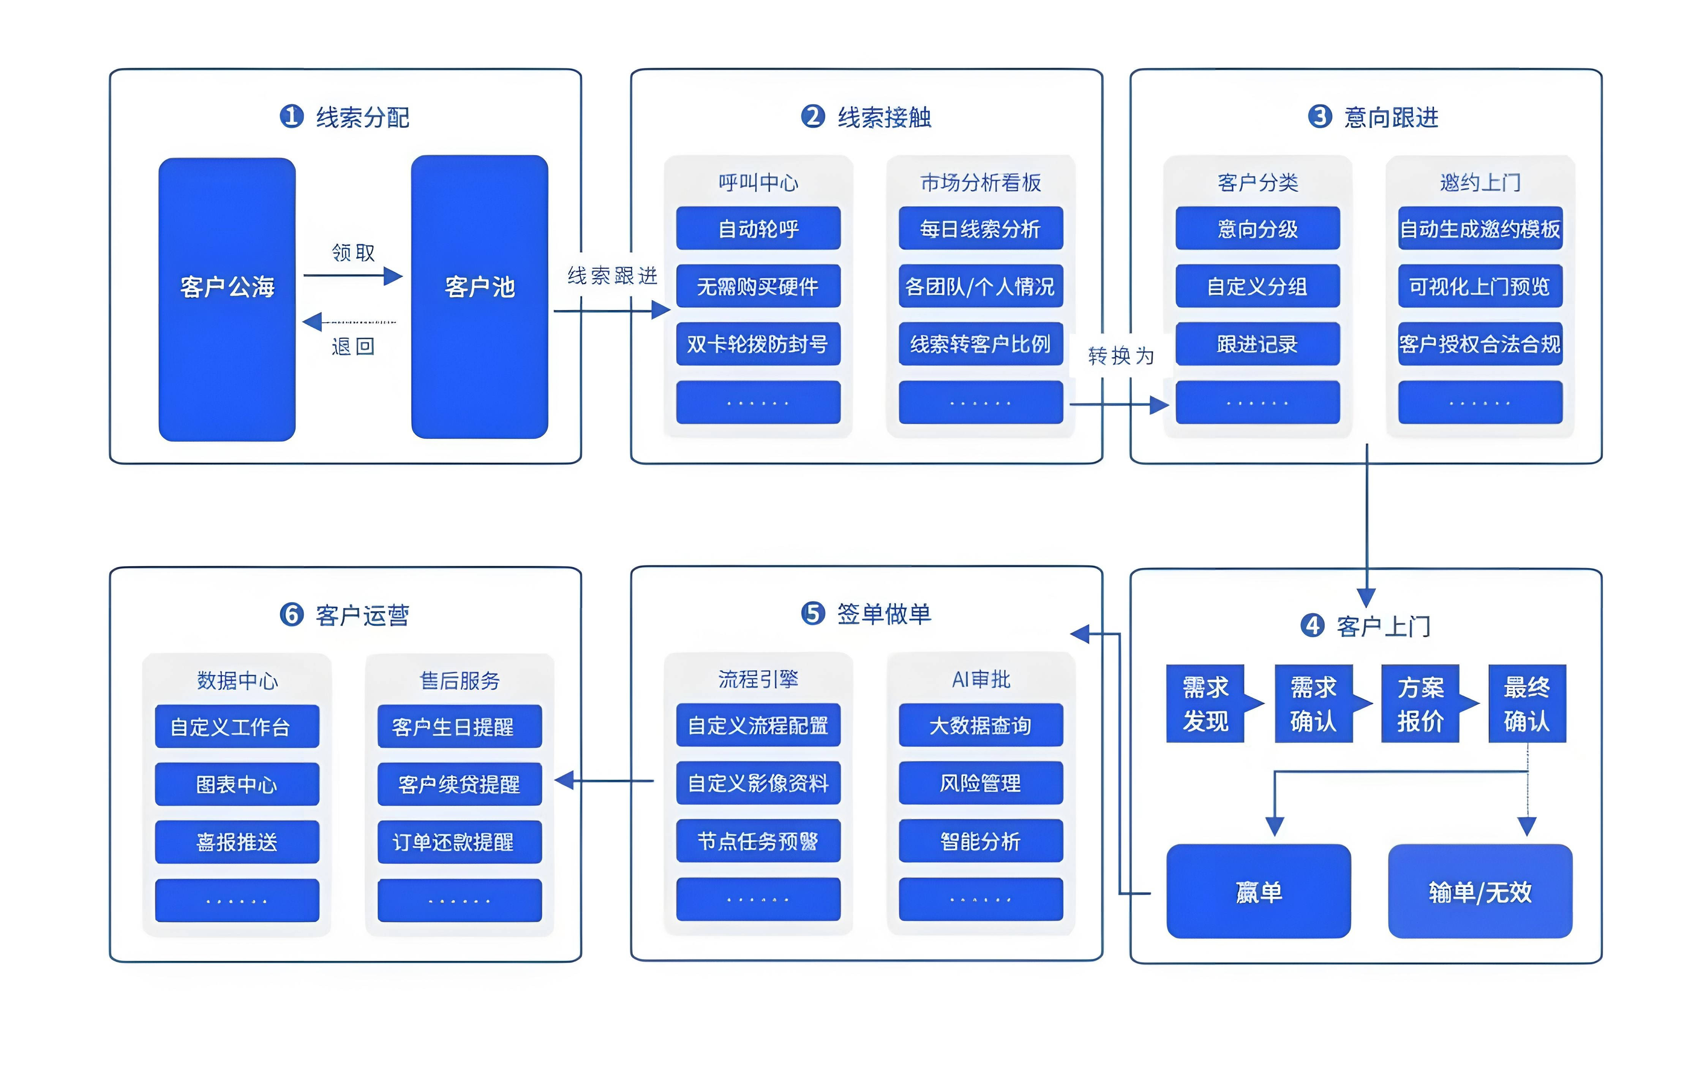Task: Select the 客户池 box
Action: [x=480, y=297]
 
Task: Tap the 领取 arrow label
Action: [x=353, y=253]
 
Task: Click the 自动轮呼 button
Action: [x=758, y=229]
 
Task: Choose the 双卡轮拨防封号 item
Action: [x=758, y=345]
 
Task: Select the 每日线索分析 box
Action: [x=980, y=229]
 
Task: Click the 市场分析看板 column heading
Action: [x=980, y=183]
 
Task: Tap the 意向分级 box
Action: [x=1258, y=229]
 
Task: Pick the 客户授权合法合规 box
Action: [x=1480, y=345]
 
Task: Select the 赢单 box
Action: [x=1258, y=892]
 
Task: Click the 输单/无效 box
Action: [x=1480, y=892]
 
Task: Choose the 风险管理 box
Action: [x=980, y=784]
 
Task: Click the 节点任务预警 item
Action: [x=758, y=841]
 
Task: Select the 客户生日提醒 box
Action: [x=459, y=727]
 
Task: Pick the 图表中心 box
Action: [x=237, y=785]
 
